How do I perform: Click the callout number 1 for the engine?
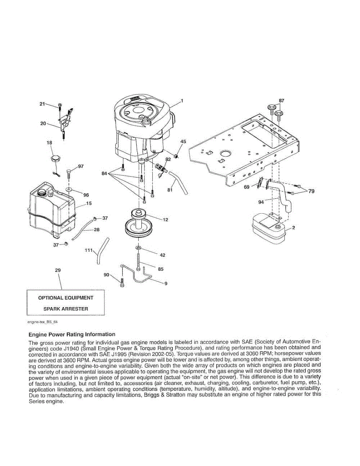pos(182,101)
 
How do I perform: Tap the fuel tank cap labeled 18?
pos(54,159)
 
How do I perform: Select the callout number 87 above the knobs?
pos(282,101)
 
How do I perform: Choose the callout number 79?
pos(311,191)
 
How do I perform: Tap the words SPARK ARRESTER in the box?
pos(66,309)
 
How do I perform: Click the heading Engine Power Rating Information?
pos(72,334)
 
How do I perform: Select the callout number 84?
pos(104,174)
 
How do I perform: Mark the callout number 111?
pos(88,250)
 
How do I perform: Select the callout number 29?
pos(58,270)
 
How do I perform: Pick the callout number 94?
pos(261,202)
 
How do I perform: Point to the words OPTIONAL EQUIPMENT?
pos(66,298)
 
